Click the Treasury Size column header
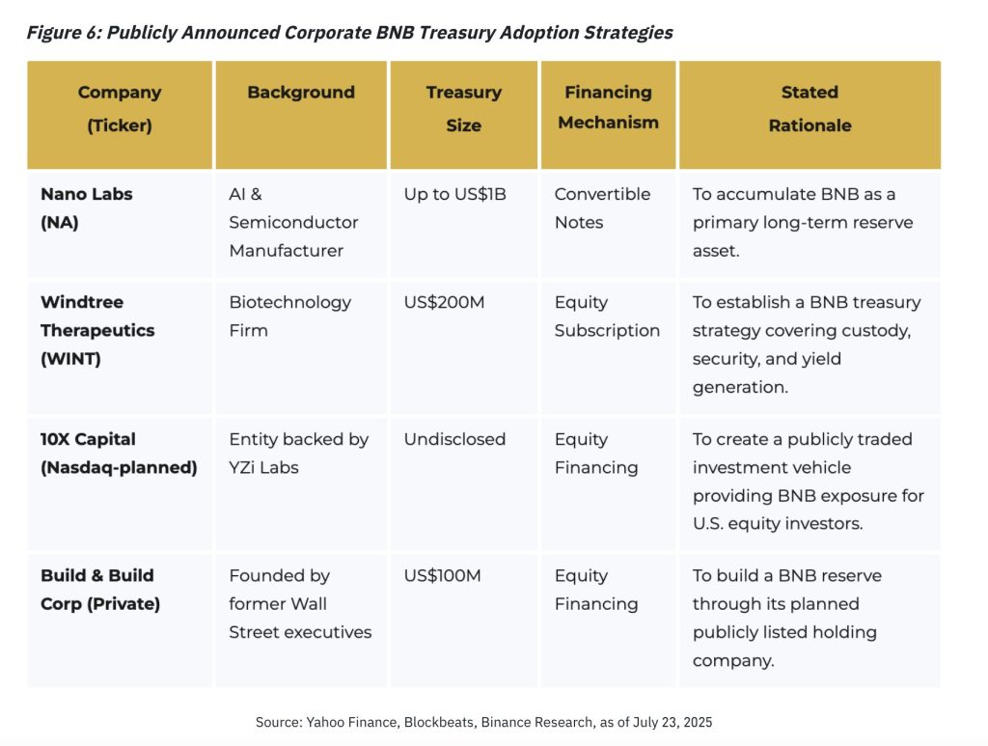(463, 109)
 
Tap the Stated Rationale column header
(810, 109)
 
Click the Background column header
(301, 93)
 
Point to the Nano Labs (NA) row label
(87, 207)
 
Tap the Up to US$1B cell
(454, 194)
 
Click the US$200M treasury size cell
(444, 302)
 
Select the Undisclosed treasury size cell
(454, 439)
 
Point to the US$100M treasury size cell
(442, 576)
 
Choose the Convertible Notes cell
(602, 207)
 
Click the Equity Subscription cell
(607, 317)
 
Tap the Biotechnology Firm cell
(289, 317)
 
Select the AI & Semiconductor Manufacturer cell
(293, 222)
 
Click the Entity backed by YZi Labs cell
(298, 453)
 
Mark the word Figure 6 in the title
(63, 33)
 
